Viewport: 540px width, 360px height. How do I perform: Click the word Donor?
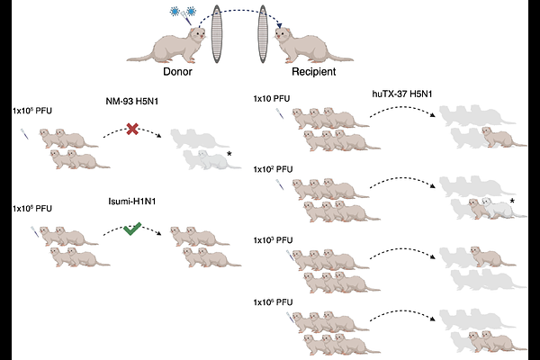tap(177, 72)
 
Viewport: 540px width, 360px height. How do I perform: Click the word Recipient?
tap(314, 72)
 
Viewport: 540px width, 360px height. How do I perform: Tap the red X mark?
tap(132, 129)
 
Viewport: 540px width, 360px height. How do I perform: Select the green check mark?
tap(132, 229)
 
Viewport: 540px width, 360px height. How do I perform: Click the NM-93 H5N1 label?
tap(132, 101)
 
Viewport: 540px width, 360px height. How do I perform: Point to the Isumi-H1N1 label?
tap(132, 202)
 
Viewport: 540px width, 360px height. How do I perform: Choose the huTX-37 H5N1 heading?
tap(402, 94)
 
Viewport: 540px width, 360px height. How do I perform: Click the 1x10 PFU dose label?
tap(272, 98)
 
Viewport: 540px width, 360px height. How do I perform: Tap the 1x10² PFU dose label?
tap(273, 169)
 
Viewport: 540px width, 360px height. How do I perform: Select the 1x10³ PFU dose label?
tap(273, 240)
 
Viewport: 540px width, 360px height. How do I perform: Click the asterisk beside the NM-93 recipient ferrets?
tap(229, 154)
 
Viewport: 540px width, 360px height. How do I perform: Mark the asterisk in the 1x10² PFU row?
tap(512, 201)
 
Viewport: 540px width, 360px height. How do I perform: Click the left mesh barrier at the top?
tap(217, 34)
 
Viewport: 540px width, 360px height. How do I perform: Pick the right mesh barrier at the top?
tap(263, 34)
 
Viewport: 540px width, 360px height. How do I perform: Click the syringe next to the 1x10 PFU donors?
tap(280, 113)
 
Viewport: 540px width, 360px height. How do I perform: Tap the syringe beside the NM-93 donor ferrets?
tap(25, 134)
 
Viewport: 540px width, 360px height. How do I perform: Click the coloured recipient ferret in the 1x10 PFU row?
tap(504, 137)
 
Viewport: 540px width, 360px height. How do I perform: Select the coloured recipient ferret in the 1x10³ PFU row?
tap(493, 256)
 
